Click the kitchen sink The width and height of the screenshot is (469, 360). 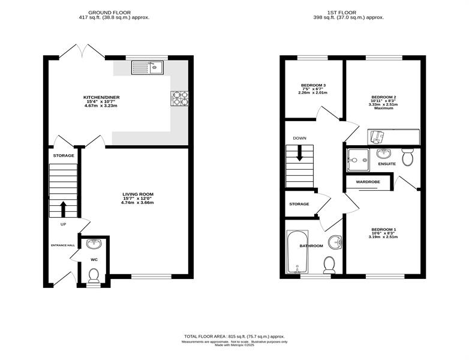147,68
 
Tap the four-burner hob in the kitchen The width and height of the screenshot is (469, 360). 180,98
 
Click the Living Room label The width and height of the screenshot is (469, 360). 138,194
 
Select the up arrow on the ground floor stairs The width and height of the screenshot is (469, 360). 64,209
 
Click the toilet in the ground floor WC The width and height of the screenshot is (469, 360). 94,275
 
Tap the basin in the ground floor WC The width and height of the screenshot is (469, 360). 94,244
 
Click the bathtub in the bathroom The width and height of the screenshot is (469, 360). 297,251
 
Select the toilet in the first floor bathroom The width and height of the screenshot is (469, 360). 329,265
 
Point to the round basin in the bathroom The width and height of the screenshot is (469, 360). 335,242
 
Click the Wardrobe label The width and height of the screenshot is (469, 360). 368,182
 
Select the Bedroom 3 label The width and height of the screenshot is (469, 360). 313,85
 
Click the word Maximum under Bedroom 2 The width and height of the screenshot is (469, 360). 383,108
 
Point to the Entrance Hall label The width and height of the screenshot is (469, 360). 63,245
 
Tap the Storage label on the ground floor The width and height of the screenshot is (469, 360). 64,155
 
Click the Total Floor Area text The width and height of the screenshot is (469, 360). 235,337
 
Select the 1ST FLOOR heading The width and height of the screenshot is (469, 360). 342,13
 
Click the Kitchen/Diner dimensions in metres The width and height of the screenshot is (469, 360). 101,106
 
